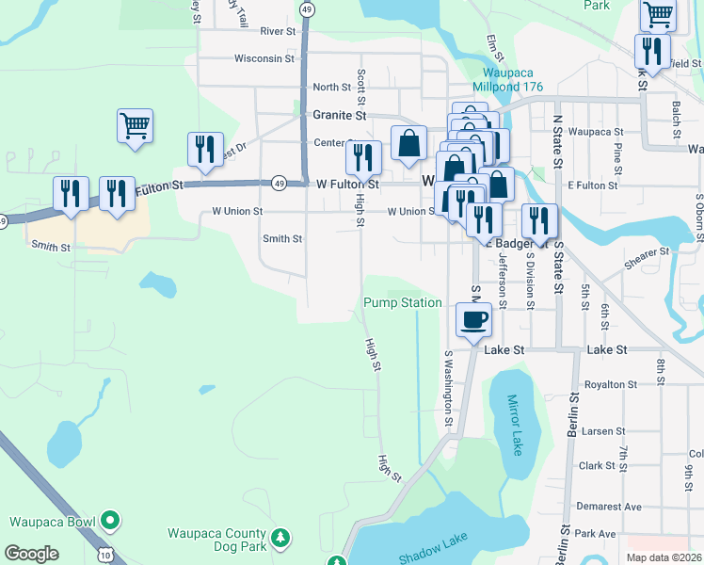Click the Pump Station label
pyautogui.click(x=403, y=302)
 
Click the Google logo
pyautogui.click(x=32, y=554)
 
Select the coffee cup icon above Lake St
pyautogui.click(x=473, y=319)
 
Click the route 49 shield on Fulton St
pyautogui.click(x=279, y=182)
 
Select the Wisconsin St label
pyautogui.click(x=264, y=58)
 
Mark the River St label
pyautogui.click(x=279, y=31)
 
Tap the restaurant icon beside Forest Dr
pyautogui.click(x=204, y=149)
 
